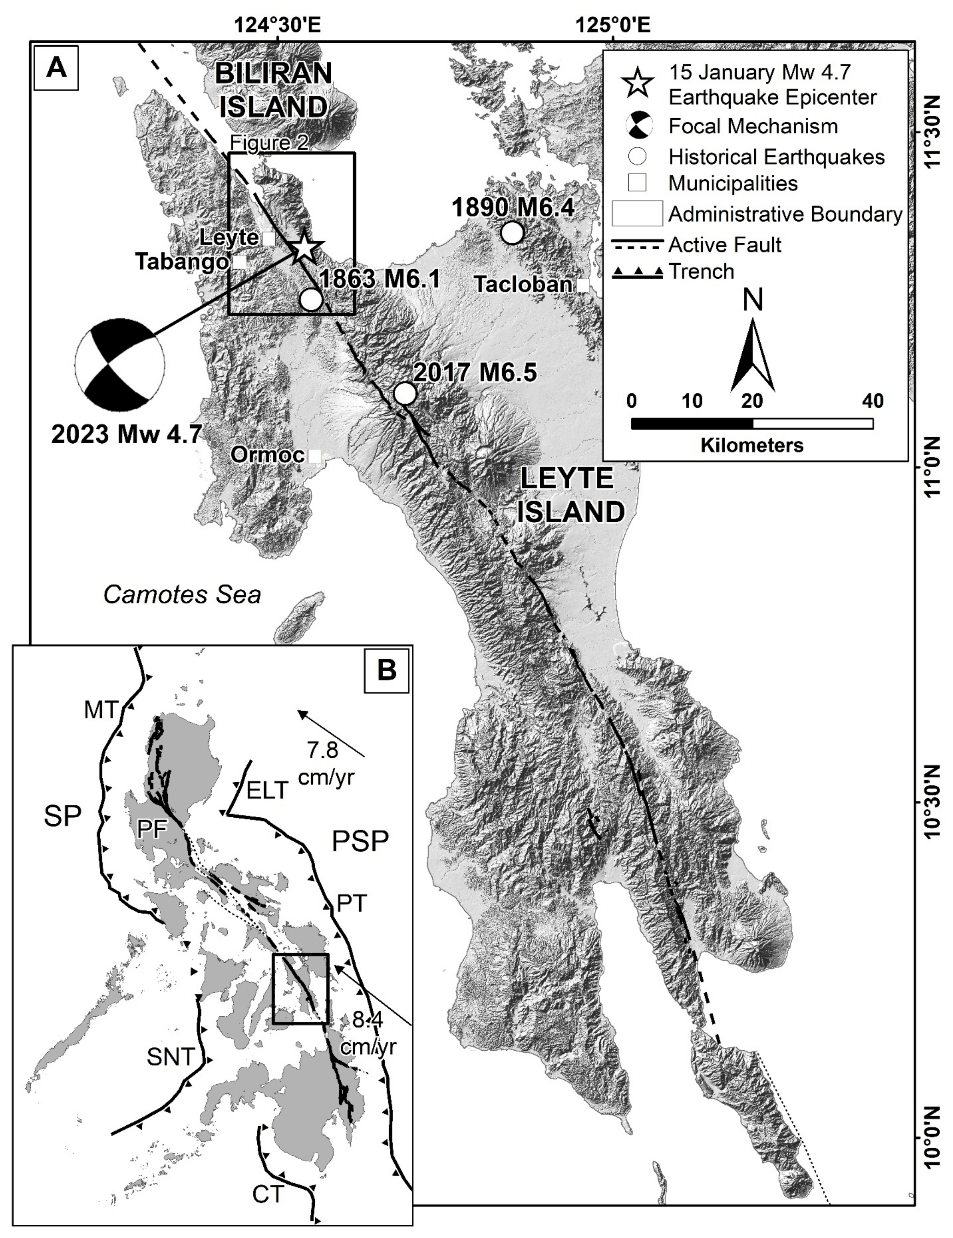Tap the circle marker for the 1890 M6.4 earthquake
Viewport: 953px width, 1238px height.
[x=512, y=233]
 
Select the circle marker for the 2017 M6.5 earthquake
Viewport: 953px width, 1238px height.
[x=405, y=393]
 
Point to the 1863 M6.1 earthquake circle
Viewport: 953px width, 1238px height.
[x=311, y=299]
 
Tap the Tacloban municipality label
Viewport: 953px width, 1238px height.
[x=523, y=284]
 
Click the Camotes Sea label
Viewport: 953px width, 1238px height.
[x=182, y=595]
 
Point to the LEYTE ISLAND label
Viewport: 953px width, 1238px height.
[x=571, y=495]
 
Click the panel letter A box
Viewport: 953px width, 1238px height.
[x=56, y=68]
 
